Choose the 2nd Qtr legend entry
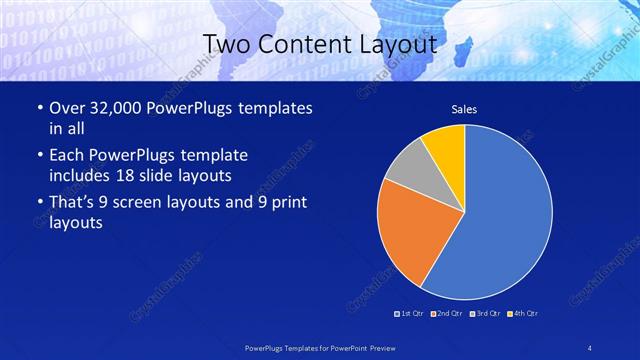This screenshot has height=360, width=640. pos(447,314)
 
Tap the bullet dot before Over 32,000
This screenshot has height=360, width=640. pos(39,108)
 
